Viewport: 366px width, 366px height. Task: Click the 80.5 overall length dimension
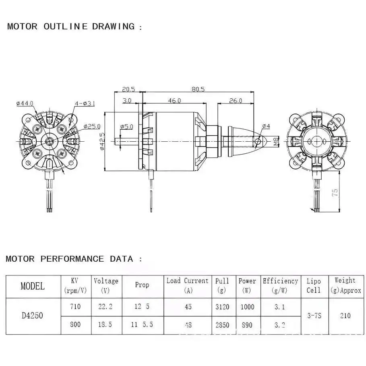[198, 89]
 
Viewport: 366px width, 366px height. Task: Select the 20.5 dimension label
[128, 89]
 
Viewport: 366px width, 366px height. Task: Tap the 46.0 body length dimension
[174, 101]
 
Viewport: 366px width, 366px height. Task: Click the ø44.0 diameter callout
[25, 103]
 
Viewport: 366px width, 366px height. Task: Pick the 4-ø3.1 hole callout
[85, 103]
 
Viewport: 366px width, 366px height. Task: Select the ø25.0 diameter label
[92, 126]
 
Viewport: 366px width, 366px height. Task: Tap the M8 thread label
[276, 141]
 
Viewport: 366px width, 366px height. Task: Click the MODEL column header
[33, 286]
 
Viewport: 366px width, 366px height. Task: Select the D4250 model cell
[33, 316]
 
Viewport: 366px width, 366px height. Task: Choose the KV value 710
[75, 307]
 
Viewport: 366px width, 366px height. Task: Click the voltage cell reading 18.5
[105, 325]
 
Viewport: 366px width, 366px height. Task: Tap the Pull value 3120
[222, 307]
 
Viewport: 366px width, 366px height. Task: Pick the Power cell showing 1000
[247, 307]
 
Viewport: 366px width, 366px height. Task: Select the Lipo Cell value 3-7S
[314, 316]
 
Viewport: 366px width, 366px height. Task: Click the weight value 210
[345, 316]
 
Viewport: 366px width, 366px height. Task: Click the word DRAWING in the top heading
[114, 27]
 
